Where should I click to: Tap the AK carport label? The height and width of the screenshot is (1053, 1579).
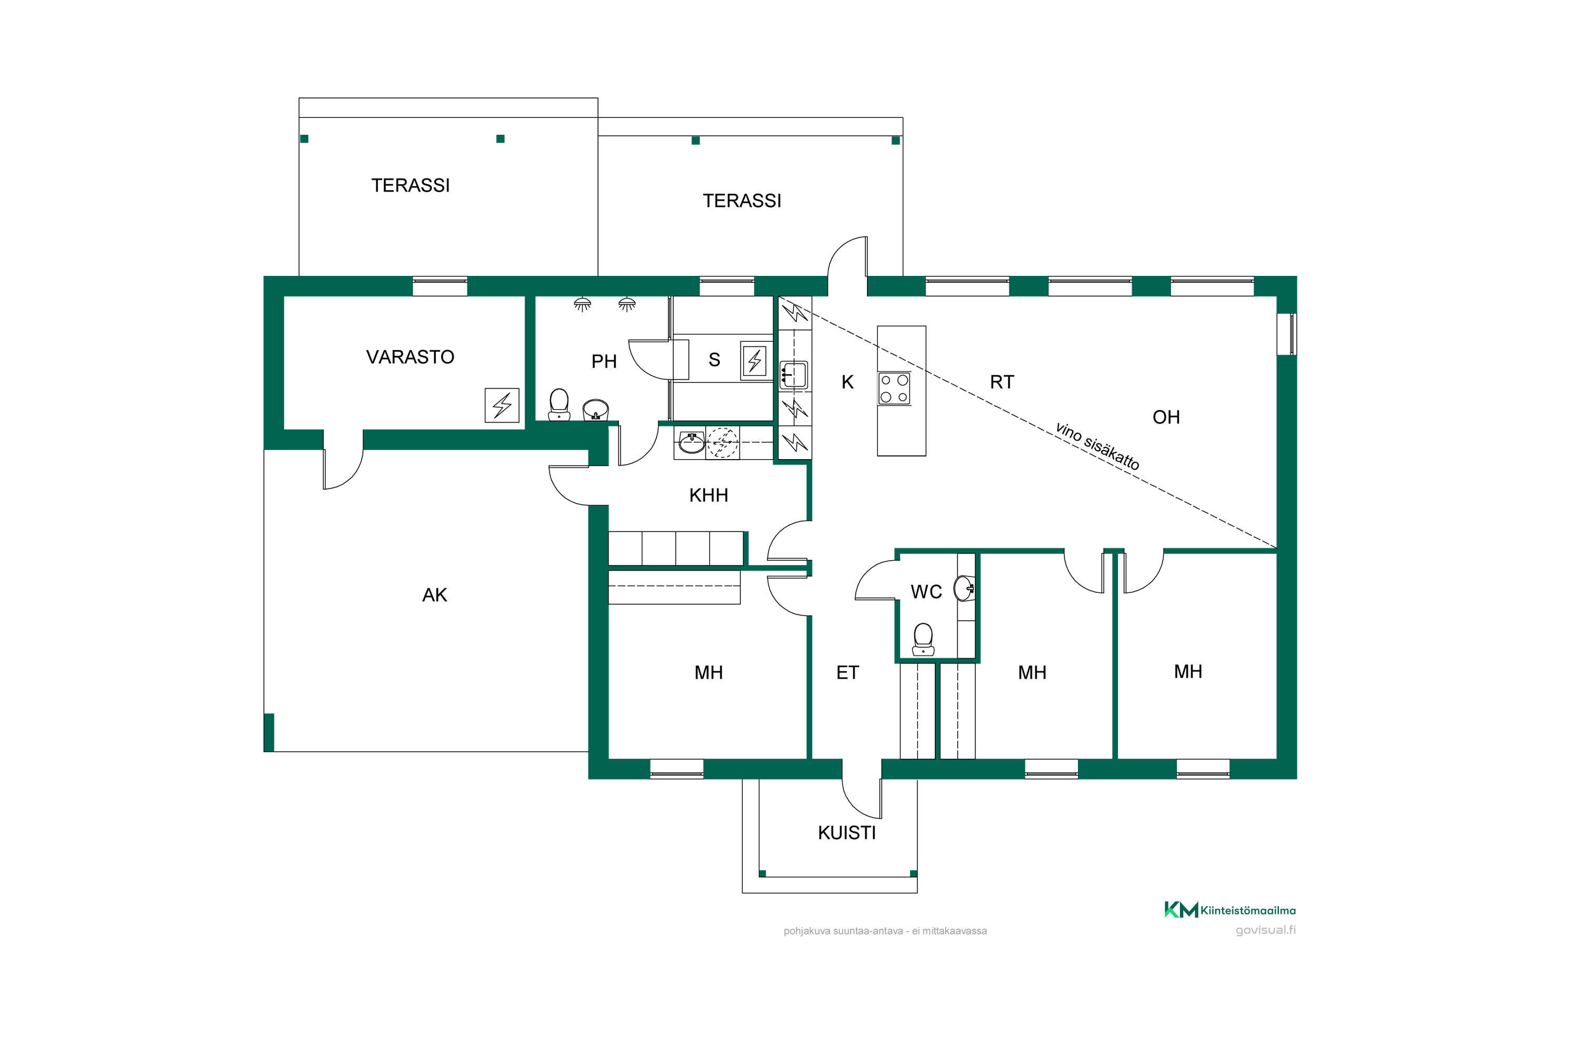pyautogui.click(x=434, y=595)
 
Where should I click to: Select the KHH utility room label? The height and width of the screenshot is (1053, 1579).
pyautogui.click(x=708, y=495)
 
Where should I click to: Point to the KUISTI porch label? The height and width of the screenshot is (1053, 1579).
pyautogui.click(x=846, y=833)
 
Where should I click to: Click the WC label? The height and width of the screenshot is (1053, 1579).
pyautogui.click(x=926, y=592)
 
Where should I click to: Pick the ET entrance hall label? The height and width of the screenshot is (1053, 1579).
pyautogui.click(x=847, y=672)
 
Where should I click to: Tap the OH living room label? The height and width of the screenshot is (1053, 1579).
pyautogui.click(x=1166, y=417)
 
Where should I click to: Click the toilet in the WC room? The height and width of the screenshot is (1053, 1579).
pyautogui.click(x=923, y=639)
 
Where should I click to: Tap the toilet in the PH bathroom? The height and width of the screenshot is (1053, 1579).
pyautogui.click(x=558, y=405)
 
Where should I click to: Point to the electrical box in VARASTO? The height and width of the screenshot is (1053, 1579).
pyautogui.click(x=502, y=405)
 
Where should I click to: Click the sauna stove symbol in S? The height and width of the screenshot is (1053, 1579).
pyautogui.click(x=755, y=361)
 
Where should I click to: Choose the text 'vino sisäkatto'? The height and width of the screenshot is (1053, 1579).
pyautogui.click(x=1097, y=446)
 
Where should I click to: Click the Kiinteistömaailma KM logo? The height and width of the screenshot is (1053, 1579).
pyautogui.click(x=1181, y=910)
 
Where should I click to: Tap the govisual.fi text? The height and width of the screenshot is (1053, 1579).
pyautogui.click(x=1265, y=930)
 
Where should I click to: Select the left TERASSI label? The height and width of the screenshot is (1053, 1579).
pyautogui.click(x=410, y=185)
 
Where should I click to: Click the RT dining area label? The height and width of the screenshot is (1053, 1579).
pyautogui.click(x=1002, y=382)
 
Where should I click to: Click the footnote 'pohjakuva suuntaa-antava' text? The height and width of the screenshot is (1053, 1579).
pyautogui.click(x=843, y=931)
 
